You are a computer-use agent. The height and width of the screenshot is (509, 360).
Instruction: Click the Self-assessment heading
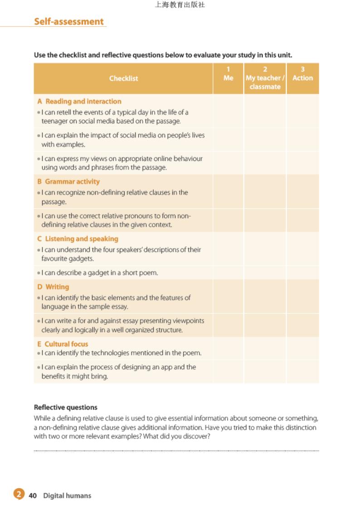69,21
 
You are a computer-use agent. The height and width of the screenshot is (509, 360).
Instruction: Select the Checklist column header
123,78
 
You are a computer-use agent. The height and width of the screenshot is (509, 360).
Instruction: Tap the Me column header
229,78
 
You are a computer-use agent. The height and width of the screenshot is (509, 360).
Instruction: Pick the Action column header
302,78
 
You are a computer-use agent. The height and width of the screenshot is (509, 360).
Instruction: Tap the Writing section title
57,286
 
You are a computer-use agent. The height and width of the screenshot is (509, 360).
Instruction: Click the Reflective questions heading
66,407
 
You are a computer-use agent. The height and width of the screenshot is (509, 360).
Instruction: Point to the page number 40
33,495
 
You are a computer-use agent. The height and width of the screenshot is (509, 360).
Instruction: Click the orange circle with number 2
18,494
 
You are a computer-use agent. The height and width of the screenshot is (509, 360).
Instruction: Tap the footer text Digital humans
67,495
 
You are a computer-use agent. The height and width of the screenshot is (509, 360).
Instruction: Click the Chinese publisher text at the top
180,5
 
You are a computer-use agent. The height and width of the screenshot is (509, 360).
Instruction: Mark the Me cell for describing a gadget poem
229,272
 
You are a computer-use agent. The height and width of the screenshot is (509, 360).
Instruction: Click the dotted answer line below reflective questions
176,451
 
